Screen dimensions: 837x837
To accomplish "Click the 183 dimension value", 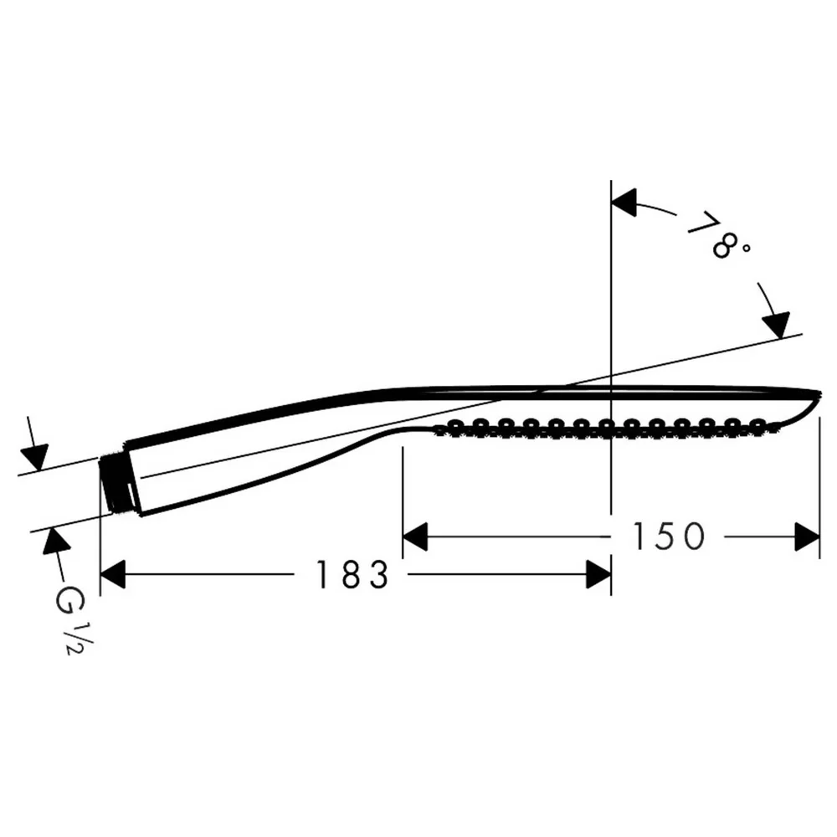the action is pyautogui.click(x=353, y=574).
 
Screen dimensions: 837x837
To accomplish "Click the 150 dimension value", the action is pyautogui.click(x=669, y=536).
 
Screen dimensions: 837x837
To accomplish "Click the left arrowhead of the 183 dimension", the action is pyautogui.click(x=113, y=574).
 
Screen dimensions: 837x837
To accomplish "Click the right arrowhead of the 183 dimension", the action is pyautogui.click(x=598, y=574).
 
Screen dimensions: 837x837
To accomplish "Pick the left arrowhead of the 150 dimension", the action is pyautogui.click(x=415, y=537).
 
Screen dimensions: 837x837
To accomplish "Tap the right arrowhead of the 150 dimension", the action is pyautogui.click(x=807, y=537).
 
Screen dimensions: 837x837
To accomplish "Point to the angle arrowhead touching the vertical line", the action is pyautogui.click(x=624, y=203).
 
